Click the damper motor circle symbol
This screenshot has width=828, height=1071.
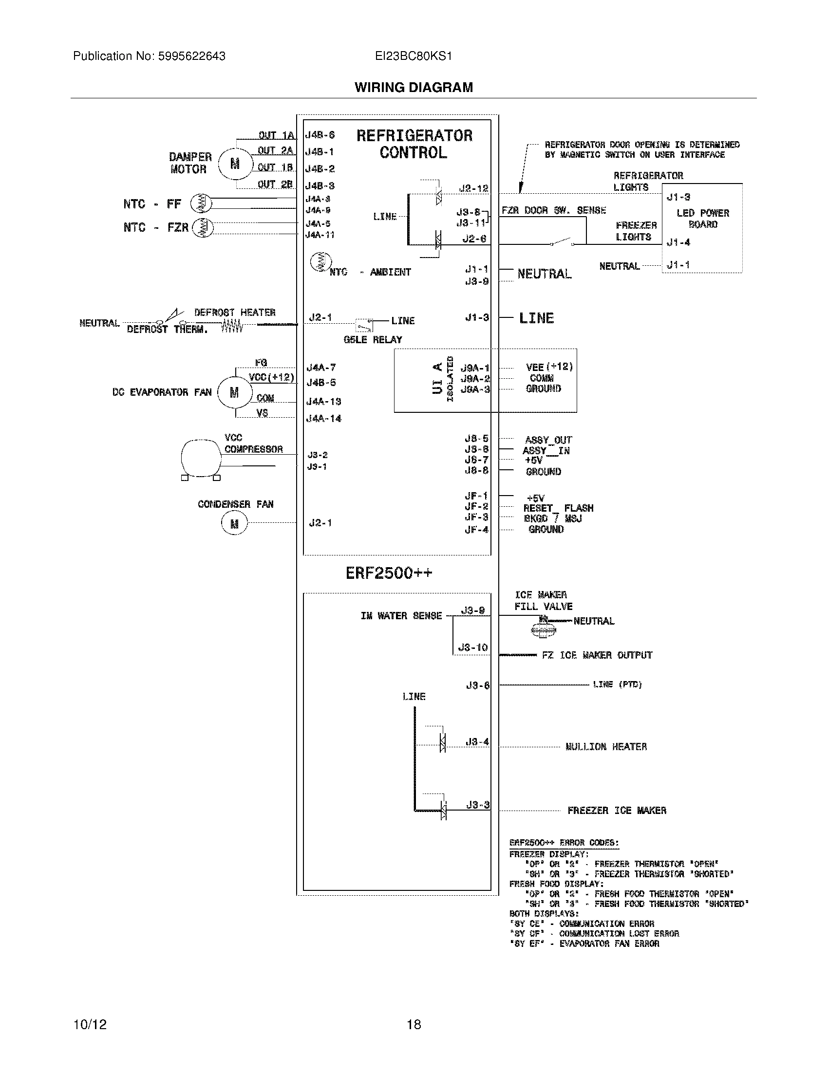click(235, 163)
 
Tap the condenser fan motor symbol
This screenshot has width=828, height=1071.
click(234, 523)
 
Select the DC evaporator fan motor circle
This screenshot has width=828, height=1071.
click(234, 392)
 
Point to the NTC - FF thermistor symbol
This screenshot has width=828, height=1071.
click(201, 203)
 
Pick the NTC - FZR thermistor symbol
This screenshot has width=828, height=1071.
click(203, 227)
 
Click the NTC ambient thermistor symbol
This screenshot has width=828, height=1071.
click(321, 262)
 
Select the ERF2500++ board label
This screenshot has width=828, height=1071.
click(389, 573)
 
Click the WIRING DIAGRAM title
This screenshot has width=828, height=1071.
click(414, 87)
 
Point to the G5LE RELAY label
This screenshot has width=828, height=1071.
click(373, 339)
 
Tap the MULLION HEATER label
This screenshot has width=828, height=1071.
click(606, 746)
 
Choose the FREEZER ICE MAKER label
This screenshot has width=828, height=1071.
click(617, 810)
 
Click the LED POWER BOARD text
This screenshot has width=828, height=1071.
click(702, 219)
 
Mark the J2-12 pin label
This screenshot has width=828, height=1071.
click(473, 188)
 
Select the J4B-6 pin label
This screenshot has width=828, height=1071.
click(320, 135)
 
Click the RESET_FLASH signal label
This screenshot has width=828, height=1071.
click(558, 508)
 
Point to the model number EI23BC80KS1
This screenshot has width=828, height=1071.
click(414, 56)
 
